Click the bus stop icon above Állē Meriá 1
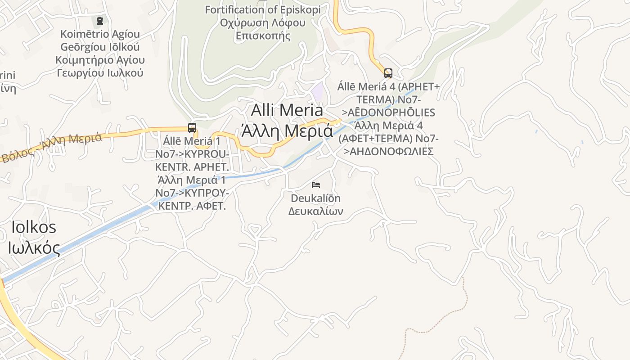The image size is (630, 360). point(192,127)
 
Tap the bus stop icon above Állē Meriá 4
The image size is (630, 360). point(388,73)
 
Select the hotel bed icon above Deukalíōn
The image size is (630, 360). point(316,184)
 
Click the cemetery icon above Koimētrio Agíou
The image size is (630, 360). point(100,21)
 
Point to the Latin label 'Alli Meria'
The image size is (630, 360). point(287,110)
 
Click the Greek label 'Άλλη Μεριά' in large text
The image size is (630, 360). point(287,131)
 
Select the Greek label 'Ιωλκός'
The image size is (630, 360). point(34,247)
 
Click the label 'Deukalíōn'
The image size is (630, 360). point(315,198)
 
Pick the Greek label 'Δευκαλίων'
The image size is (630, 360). point(315,211)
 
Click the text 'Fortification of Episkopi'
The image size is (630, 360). point(263,9)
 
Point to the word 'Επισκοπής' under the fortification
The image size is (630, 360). point(263,36)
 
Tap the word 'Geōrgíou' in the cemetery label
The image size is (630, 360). point(100,47)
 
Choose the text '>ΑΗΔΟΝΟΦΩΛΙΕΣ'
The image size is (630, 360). point(388,151)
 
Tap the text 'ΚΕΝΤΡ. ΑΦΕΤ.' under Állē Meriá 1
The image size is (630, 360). point(190,207)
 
